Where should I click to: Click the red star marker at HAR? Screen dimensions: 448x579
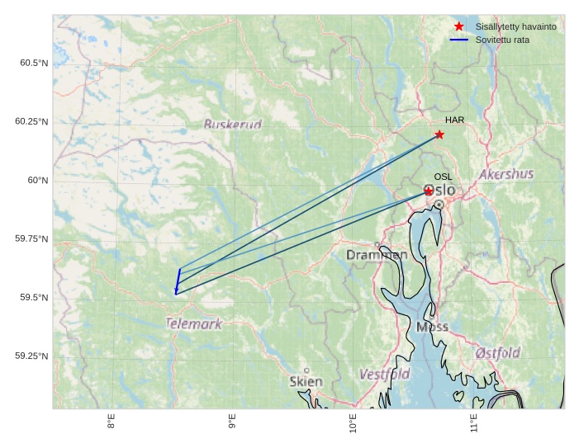pyautogui.click(x=439, y=134)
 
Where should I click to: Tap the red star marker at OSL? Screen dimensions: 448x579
pyautogui.click(x=429, y=191)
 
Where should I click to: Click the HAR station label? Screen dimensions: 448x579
pyautogui.click(x=454, y=120)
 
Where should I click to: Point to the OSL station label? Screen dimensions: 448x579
pyautogui.click(x=443, y=177)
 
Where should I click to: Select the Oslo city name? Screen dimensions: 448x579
pyautogui.click(x=441, y=191)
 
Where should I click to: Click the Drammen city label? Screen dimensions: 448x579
pyautogui.click(x=377, y=256)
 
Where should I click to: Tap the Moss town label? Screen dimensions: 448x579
pyautogui.click(x=432, y=327)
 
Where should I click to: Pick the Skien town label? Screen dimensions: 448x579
pyautogui.click(x=306, y=382)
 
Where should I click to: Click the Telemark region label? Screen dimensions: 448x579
pyautogui.click(x=194, y=324)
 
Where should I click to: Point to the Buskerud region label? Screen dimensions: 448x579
pyautogui.click(x=232, y=125)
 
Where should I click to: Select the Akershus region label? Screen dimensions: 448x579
pyautogui.click(x=506, y=175)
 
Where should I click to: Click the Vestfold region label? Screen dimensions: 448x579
pyautogui.click(x=384, y=375)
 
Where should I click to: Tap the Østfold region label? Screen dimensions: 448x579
pyautogui.click(x=497, y=353)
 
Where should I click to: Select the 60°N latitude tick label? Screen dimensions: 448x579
pyautogui.click(x=37, y=181)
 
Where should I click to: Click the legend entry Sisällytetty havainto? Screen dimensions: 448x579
pyautogui.click(x=515, y=27)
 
